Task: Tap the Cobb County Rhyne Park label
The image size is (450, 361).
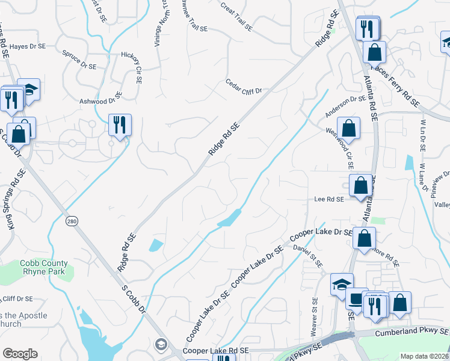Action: coord(44,267)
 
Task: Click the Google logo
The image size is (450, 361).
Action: coord(20,354)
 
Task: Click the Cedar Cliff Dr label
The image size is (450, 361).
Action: coord(244,88)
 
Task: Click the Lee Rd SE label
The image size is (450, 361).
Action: coord(328,199)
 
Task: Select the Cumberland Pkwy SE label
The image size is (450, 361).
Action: coord(411,332)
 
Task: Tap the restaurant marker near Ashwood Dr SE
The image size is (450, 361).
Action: coord(120,125)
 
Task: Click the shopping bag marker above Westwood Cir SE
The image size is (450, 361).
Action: coord(348,128)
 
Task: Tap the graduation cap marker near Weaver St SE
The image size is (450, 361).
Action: coord(342,284)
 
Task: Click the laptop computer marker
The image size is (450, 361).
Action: coord(356,299)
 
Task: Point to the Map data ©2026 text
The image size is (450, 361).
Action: coord(424,356)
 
